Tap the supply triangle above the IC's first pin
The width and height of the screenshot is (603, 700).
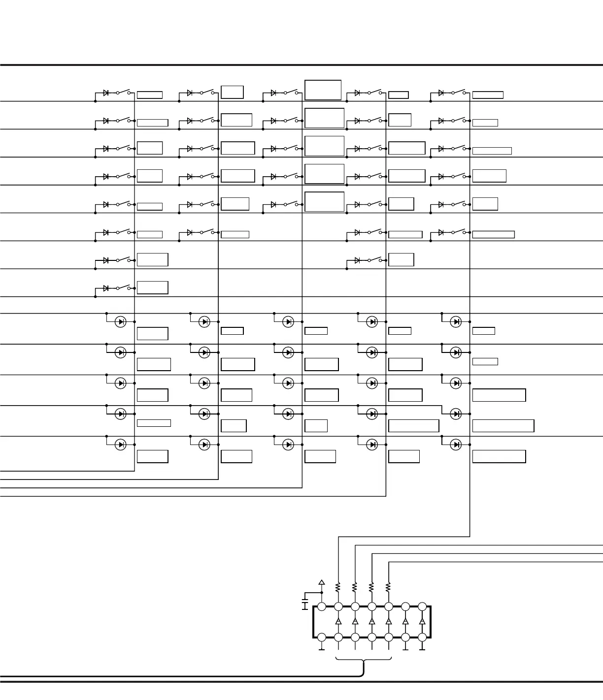pos(322,582)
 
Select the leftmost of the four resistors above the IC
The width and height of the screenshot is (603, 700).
pos(338,587)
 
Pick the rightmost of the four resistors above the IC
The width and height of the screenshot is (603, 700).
pos(388,587)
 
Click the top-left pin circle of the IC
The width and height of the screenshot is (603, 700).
pos(322,606)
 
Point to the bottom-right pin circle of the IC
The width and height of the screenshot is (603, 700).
pos(422,637)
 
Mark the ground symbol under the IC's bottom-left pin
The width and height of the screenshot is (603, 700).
pos(322,649)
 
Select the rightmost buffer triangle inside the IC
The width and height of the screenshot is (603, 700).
pos(422,622)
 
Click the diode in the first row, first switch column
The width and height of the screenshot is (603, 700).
pos(106,93)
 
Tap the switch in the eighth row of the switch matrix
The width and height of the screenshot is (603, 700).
pos(123,287)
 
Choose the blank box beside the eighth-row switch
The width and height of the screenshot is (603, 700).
pos(152,287)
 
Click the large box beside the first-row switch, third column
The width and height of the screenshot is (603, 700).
pos(323,90)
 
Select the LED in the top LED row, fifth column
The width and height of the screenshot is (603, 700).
pos(456,321)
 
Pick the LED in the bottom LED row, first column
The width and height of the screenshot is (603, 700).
pos(121,445)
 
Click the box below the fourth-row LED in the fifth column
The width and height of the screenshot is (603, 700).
pos(503,426)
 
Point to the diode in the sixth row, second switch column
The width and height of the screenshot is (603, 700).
pos(190,232)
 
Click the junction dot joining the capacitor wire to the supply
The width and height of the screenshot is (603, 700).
pos(322,593)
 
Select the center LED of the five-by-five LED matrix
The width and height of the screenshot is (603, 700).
pos(288,383)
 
